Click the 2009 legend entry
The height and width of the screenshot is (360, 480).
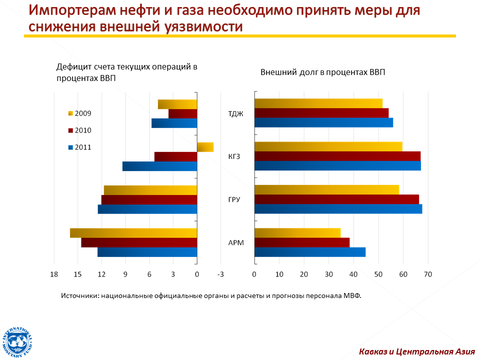[80, 113]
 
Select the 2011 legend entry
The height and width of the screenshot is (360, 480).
[80, 147]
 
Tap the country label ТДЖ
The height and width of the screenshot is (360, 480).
[235, 114]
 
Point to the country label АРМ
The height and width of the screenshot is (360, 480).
[236, 243]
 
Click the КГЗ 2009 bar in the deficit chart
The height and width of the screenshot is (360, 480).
[205, 147]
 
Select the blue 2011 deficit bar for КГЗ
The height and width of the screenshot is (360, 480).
[160, 166]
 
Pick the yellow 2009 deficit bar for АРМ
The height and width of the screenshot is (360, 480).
[133, 233]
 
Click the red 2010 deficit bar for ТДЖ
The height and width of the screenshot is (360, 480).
[183, 114]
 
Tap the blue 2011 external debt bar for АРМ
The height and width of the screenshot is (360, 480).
[310, 252]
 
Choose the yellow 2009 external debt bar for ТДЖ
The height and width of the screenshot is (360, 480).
[318, 103]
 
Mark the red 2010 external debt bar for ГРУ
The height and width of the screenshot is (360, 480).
[336, 199]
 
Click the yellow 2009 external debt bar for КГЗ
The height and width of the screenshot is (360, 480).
[328, 146]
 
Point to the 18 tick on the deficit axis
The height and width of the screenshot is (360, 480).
[54, 274]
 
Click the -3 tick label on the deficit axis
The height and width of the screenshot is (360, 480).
[220, 274]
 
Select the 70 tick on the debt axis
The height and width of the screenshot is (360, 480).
[428, 274]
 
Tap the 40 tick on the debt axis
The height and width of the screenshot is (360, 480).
[353, 274]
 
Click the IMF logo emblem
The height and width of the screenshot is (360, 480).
[17, 342]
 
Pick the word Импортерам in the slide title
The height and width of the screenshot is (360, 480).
[72, 10]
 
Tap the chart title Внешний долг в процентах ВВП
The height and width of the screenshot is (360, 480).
[322, 72]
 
